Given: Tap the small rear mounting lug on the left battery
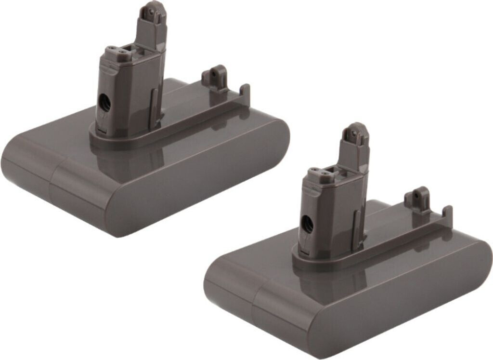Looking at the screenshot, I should [x=215, y=77].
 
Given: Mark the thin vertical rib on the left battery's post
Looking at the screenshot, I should [x=153, y=108].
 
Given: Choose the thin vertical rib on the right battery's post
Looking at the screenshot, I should [x=356, y=229].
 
